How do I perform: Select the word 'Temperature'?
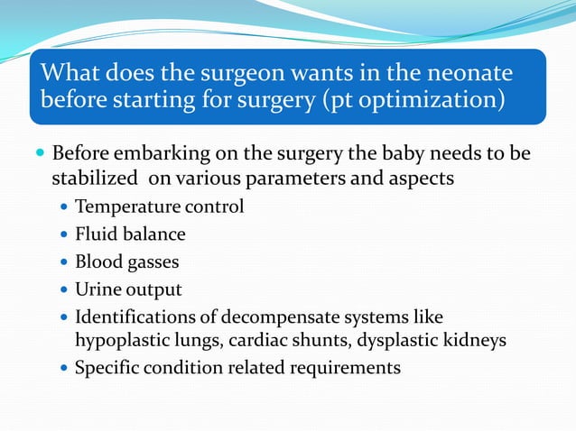(127, 206)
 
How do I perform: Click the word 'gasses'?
(153, 262)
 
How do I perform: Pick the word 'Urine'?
(98, 290)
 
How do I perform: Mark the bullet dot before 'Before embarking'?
(41, 152)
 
